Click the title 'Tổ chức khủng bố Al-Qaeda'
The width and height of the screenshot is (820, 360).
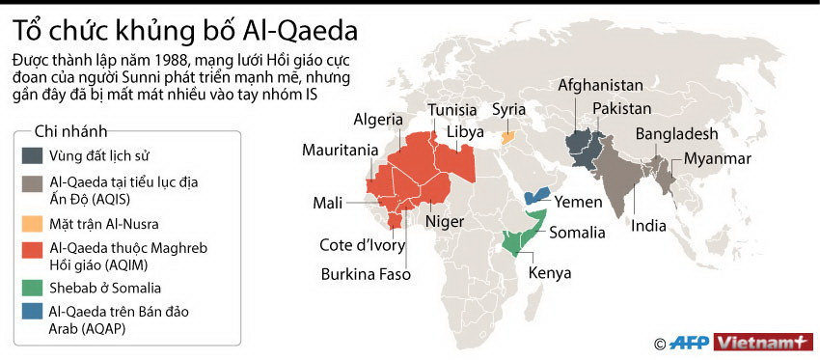[x=186, y=30]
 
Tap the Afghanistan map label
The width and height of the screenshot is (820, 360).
[x=600, y=85]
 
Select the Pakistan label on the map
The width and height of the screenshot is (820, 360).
[x=622, y=108]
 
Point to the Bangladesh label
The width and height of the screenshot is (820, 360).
[x=676, y=134]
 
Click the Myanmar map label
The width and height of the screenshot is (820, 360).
[x=719, y=157]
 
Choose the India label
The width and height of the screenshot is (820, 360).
[x=648, y=228]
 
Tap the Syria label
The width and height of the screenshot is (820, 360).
[x=508, y=109]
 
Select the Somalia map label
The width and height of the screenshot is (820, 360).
[x=577, y=232]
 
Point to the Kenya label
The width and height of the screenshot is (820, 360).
[x=547, y=272]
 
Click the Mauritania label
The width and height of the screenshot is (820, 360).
[x=340, y=151]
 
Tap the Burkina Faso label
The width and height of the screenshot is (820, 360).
[x=366, y=274]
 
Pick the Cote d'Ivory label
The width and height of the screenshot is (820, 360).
[x=362, y=245]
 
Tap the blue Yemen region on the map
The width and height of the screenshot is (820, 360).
[x=536, y=195]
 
